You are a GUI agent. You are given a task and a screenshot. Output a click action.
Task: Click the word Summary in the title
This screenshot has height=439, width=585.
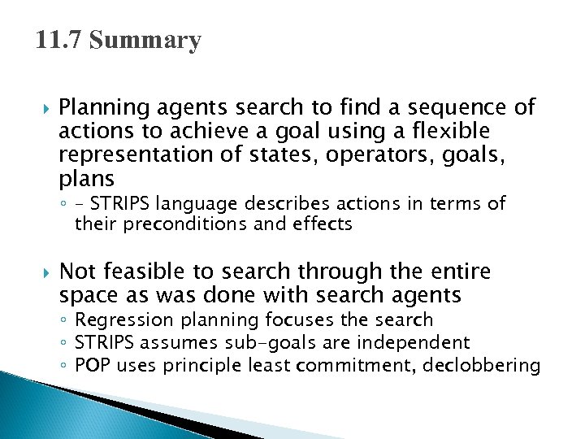[x=145, y=41]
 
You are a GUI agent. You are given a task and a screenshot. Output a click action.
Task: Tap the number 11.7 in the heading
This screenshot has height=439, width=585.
[x=59, y=41]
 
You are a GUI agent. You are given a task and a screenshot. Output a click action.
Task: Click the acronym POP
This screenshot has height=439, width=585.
[x=93, y=366]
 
